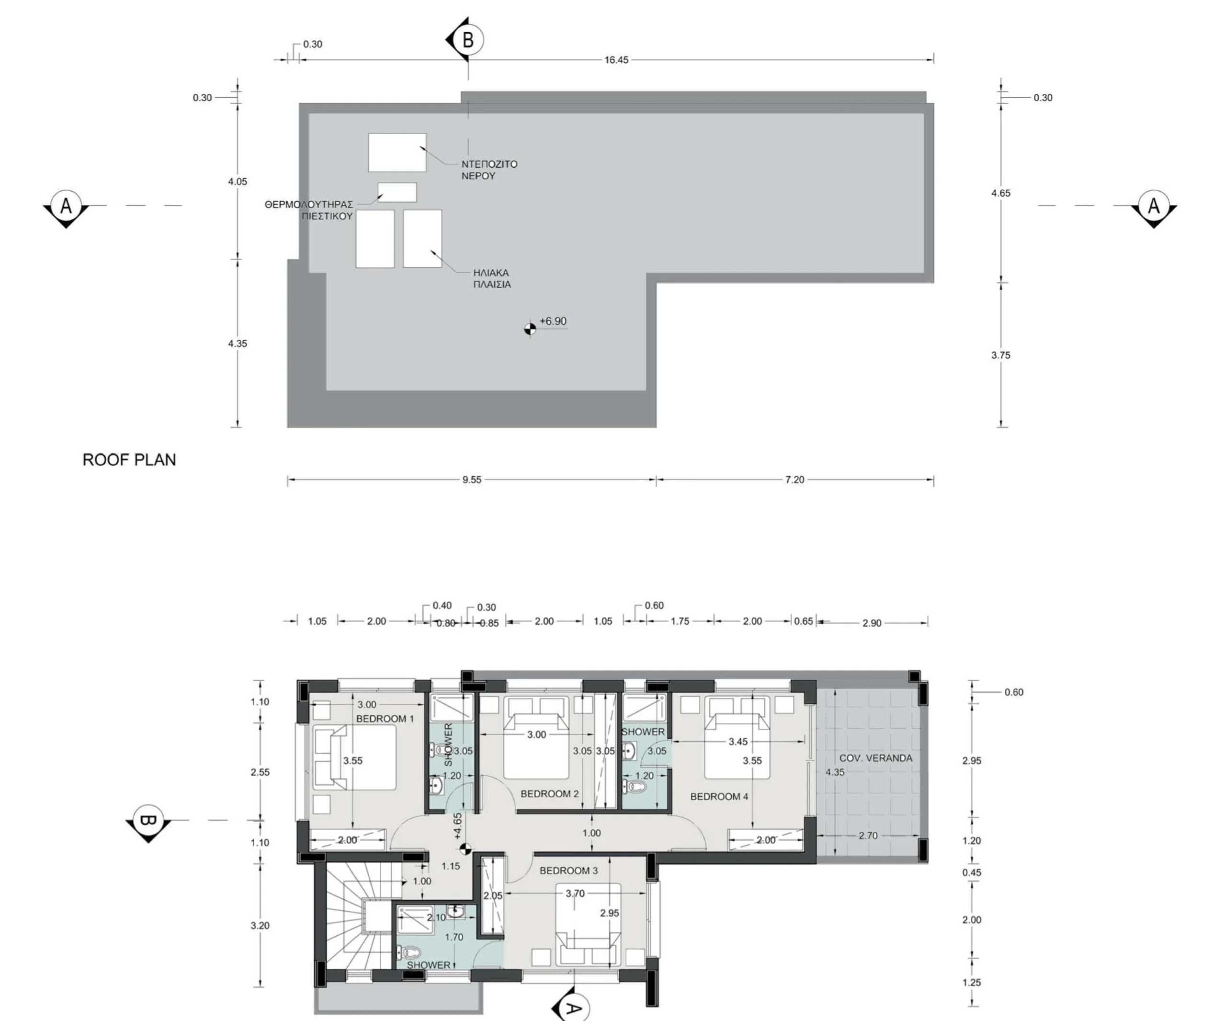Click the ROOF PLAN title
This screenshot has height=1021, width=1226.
[129, 459]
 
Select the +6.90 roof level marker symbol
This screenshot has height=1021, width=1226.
[530, 330]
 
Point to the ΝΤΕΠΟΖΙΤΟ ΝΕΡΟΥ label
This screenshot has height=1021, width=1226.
[489, 170]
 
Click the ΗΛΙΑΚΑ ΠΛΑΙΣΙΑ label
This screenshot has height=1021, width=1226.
[491, 279]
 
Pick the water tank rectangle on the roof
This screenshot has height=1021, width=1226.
[397, 152]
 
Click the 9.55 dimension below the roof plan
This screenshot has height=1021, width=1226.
[472, 480]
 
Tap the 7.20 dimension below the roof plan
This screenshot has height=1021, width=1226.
[795, 480]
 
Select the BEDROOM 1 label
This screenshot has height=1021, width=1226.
[385, 719]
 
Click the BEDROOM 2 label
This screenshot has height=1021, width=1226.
[549, 794]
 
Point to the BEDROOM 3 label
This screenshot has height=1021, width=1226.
[568, 870]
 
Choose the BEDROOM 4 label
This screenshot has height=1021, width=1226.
[719, 797]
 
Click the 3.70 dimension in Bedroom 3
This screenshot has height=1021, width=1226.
[575, 894]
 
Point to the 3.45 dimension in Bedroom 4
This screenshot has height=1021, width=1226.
[738, 742]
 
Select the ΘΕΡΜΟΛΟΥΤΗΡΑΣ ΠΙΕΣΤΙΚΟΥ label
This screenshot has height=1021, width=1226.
[309, 210]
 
